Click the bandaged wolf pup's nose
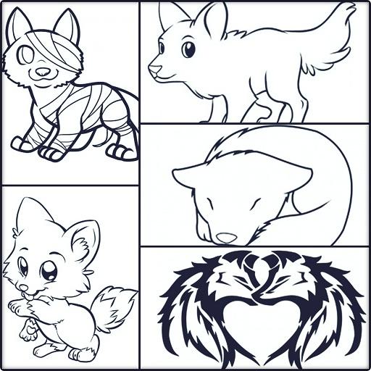(43, 72)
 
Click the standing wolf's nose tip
(151, 70)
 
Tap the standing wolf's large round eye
(188, 50)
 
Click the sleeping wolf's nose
(226, 237)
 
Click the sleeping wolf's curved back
(304, 156)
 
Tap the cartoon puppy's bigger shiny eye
(50, 272)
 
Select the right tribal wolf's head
(293, 279)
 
